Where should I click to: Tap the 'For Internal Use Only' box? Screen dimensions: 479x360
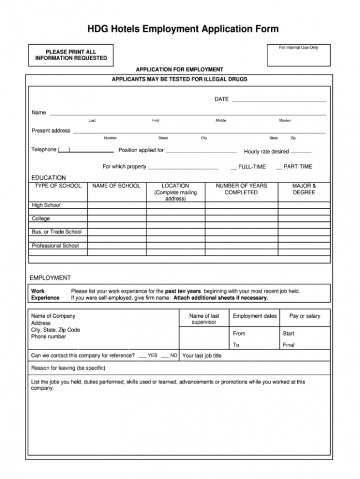[x=298, y=55]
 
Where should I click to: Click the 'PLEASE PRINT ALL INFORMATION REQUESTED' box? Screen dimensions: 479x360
[x=71, y=55]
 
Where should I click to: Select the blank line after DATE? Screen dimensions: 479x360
[x=279, y=100]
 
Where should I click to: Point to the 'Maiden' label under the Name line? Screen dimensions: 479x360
[x=285, y=121]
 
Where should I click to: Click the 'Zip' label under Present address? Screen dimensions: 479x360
[x=293, y=138]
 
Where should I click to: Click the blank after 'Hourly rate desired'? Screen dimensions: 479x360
[x=301, y=152]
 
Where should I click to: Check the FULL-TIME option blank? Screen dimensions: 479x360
[x=233, y=168]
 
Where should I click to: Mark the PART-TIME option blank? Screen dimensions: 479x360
[x=279, y=168]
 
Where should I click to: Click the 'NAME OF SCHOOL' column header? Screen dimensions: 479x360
[x=116, y=186]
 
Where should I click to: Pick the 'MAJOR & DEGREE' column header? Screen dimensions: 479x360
[x=304, y=189]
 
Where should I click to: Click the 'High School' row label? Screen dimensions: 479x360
[x=46, y=205]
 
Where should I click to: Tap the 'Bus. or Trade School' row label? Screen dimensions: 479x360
[x=57, y=232]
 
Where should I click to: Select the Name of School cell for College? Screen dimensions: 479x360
[x=116, y=219]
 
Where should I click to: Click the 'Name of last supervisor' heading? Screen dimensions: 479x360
[x=204, y=319]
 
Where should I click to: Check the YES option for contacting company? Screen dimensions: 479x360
[x=143, y=356]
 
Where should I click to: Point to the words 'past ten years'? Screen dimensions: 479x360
[x=183, y=291]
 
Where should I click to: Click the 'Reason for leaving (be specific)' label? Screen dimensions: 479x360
[x=68, y=368]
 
